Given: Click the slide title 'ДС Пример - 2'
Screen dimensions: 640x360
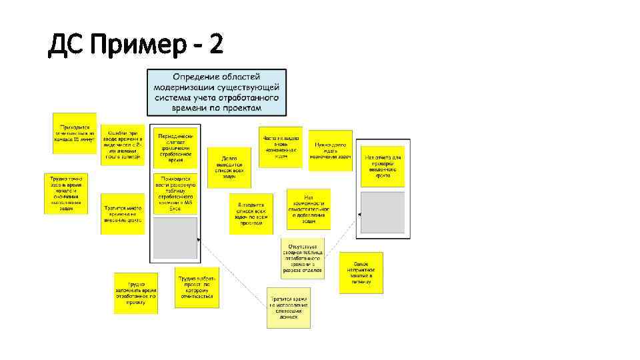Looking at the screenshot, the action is [x=136, y=45].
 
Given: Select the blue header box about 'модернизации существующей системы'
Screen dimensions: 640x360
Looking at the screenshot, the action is [x=217, y=93].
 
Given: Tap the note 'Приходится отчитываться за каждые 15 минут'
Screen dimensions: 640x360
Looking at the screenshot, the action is [x=75, y=133].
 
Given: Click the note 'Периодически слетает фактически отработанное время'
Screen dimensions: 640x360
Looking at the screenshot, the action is [x=175, y=147].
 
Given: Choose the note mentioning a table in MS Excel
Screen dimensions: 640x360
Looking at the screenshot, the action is [x=175, y=193].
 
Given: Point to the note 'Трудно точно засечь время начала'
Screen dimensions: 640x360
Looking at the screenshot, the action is [x=66, y=193].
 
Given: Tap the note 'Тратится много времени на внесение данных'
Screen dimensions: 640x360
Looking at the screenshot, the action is [x=123, y=214].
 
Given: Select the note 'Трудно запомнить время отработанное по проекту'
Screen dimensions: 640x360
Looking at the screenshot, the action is [x=135, y=293].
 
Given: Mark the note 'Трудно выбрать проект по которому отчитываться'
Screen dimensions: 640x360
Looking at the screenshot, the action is [x=197, y=288].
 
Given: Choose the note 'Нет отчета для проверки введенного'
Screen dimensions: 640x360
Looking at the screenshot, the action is [x=383, y=164].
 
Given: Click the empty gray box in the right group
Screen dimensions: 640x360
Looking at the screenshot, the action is [x=383, y=213].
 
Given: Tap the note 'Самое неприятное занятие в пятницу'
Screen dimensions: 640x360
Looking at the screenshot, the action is [x=361, y=273].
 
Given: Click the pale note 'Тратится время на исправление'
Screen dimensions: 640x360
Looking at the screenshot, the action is [x=289, y=307].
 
